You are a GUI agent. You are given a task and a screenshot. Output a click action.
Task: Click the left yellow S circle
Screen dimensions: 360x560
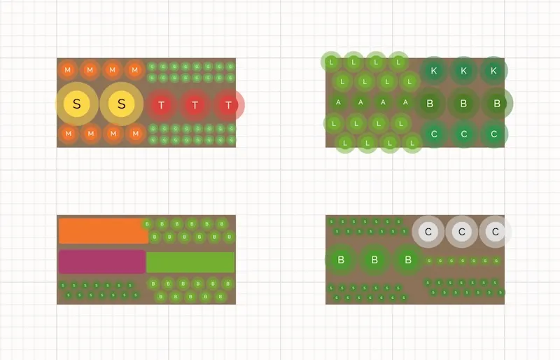coord(77,105)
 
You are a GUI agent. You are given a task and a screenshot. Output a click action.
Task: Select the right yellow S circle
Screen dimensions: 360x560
coord(121,105)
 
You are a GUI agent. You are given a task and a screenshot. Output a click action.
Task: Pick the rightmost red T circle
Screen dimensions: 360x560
coord(228,106)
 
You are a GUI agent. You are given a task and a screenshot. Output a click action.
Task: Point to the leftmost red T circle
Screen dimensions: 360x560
coord(162,106)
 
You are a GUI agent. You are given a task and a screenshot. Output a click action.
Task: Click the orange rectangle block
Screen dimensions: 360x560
coord(102,230)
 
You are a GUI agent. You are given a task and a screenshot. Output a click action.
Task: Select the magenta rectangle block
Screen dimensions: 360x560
coord(102,261)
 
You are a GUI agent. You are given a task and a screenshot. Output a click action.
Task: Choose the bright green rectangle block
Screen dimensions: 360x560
coord(190,261)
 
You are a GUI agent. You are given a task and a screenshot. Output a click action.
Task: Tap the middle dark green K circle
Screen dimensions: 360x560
coord(463,71)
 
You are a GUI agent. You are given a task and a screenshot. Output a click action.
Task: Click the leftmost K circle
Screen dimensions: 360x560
coord(433,71)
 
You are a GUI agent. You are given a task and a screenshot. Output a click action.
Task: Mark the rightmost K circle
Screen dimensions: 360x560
coord(493,71)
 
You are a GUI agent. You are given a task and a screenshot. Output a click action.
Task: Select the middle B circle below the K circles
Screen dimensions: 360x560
coord(463,104)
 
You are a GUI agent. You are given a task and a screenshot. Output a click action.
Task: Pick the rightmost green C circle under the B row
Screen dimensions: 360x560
coord(493,134)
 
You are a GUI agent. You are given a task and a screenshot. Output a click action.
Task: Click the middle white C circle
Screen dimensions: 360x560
coord(461,232)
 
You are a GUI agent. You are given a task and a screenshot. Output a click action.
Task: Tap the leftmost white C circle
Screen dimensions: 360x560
coord(429,232)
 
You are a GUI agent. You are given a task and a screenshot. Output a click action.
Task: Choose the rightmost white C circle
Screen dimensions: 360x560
coord(495,232)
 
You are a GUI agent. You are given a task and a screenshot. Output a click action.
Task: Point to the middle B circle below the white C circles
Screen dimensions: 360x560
coord(374,260)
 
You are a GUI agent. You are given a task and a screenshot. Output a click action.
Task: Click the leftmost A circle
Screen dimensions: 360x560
coord(339,102)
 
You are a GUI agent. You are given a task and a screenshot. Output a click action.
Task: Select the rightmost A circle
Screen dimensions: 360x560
coord(405,102)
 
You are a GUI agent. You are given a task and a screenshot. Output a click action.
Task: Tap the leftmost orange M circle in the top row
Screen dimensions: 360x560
coord(68,70)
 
